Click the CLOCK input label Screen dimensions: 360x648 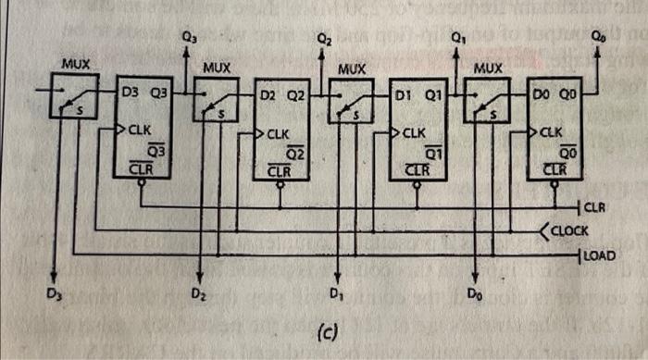580,230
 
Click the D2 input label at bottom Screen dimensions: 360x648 197,293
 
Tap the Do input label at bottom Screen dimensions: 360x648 473,293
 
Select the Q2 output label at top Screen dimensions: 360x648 323,39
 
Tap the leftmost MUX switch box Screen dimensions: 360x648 74,96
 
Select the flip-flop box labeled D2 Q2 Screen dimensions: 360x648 281,130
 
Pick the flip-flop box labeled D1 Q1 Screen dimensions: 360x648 418,130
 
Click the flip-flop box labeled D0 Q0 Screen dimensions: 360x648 555,130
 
